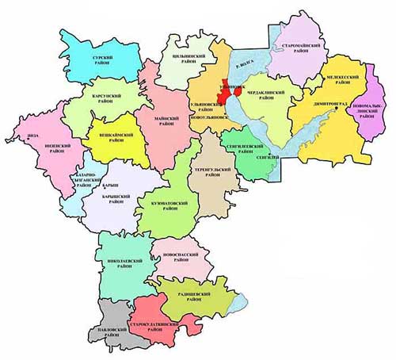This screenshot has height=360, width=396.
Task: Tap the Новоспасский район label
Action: (179, 256)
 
